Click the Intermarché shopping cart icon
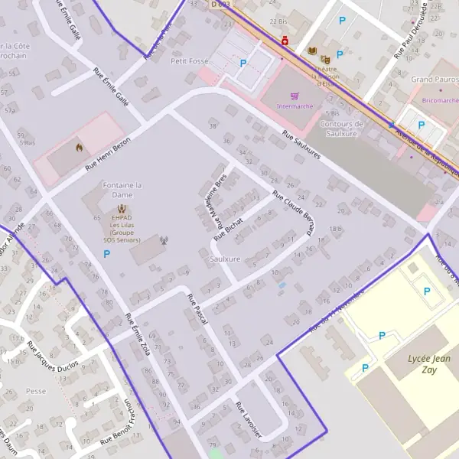pyautogui.click(x=295, y=96)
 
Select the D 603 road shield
pyautogui.click(x=220, y=5)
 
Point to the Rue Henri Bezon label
pyautogui.click(x=108, y=152)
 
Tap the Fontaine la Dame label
pyautogui.click(x=122, y=190)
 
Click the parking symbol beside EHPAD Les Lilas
pyautogui.click(x=106, y=253)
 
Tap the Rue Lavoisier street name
pyautogui.click(x=249, y=421)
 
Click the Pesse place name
pyautogui.click(x=36, y=390)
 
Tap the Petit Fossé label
pyautogui.click(x=189, y=60)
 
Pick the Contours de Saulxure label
pyautogui.click(x=341, y=128)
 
